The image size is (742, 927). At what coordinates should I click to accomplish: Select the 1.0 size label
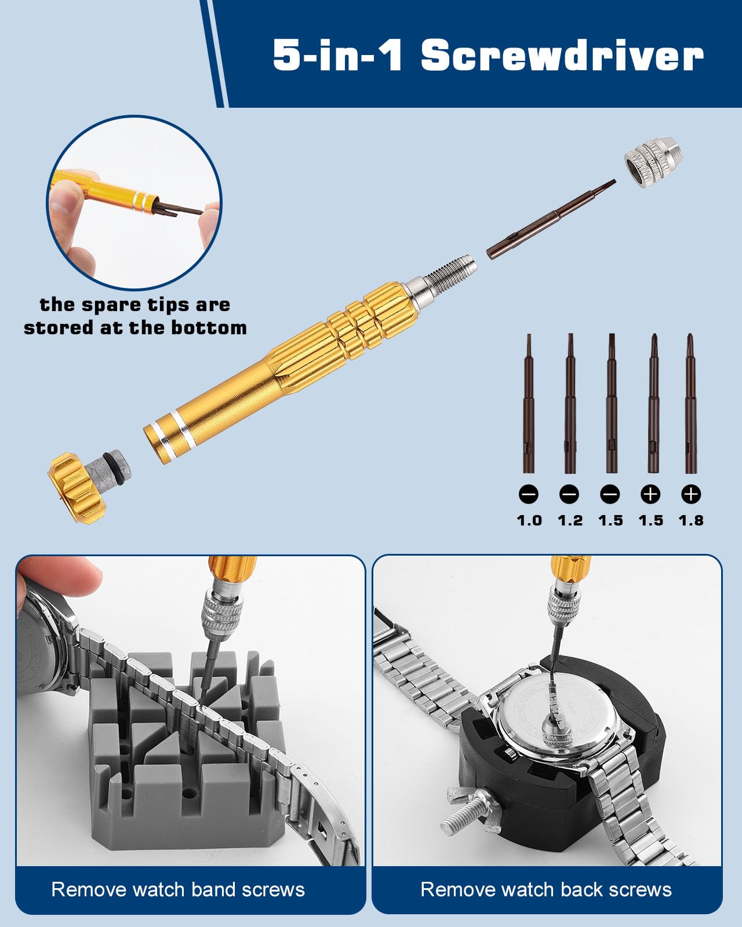[529, 520]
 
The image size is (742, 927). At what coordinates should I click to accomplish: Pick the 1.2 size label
[570, 520]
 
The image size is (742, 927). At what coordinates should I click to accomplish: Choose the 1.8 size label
[691, 520]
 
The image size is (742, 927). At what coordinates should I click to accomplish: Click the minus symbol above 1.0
[529, 494]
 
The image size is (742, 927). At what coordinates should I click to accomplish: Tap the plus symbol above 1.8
[691, 494]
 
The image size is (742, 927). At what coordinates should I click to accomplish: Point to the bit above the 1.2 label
[570, 403]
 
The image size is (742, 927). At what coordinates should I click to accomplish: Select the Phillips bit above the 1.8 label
[691, 403]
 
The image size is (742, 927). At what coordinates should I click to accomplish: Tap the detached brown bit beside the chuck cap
[551, 219]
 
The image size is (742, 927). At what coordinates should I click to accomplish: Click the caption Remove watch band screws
[178, 889]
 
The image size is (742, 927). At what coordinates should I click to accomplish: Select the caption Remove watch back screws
[546, 889]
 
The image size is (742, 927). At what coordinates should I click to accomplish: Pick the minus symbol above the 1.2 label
[569, 494]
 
